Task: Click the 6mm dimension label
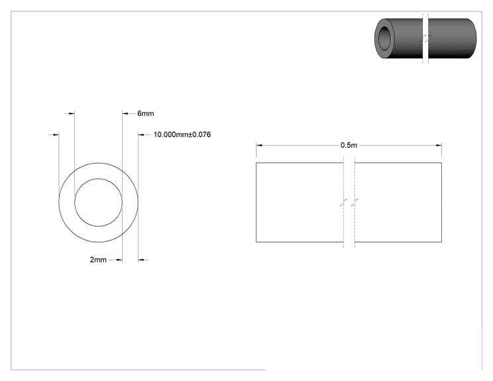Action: pyautogui.click(x=146, y=113)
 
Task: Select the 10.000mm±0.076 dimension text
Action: pyautogui.click(x=182, y=135)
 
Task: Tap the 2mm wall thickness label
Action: pyautogui.click(x=98, y=260)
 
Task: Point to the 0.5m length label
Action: pyautogui.click(x=349, y=145)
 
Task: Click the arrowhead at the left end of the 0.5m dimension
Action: pyautogui.click(x=259, y=145)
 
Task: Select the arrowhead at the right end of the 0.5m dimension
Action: pyautogui.click(x=439, y=145)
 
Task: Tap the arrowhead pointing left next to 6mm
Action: pyautogui.click(x=125, y=113)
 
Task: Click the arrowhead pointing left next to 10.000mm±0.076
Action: pyautogui.click(x=141, y=135)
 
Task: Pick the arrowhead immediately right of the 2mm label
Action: pyautogui.click(x=119, y=260)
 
